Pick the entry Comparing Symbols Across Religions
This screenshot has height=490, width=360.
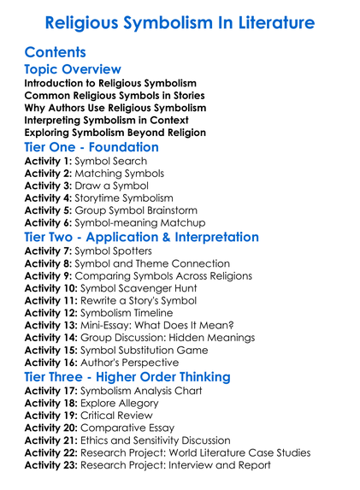[x=167, y=276]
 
